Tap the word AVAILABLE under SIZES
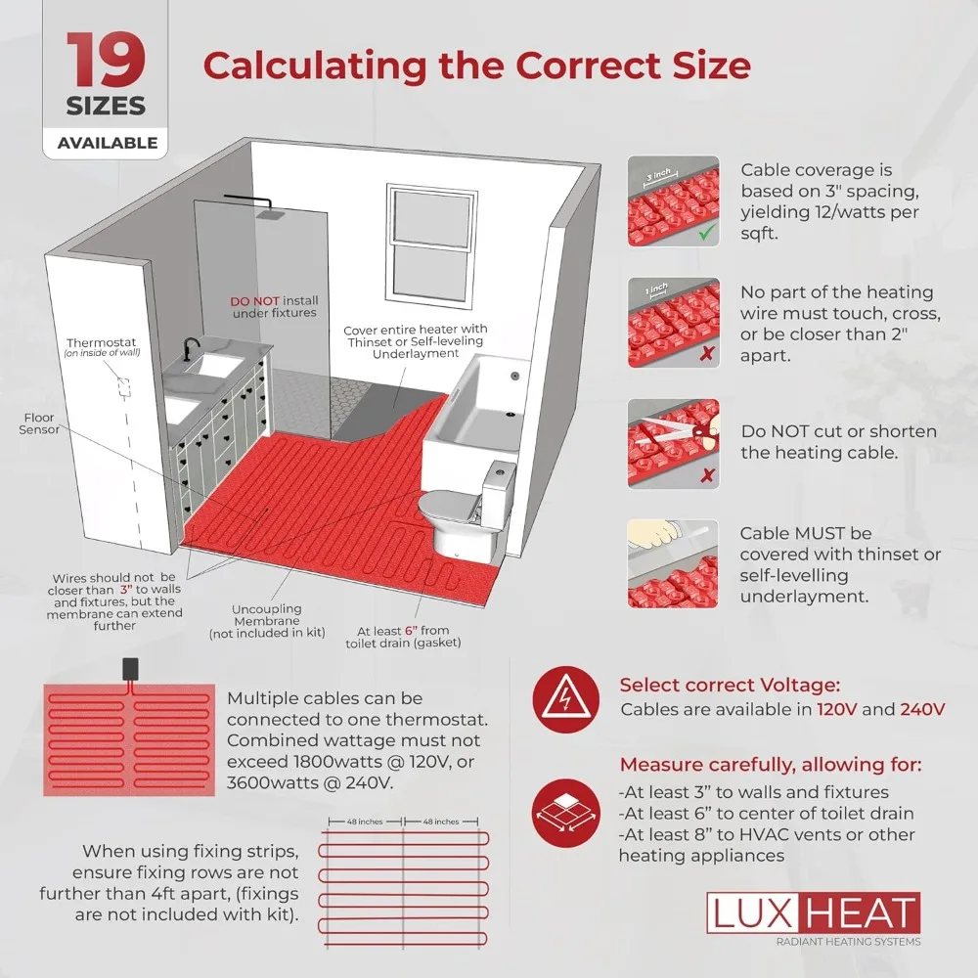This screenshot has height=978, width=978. (x=107, y=143)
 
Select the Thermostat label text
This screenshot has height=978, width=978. (x=104, y=342)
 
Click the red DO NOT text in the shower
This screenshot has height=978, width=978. (x=254, y=300)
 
